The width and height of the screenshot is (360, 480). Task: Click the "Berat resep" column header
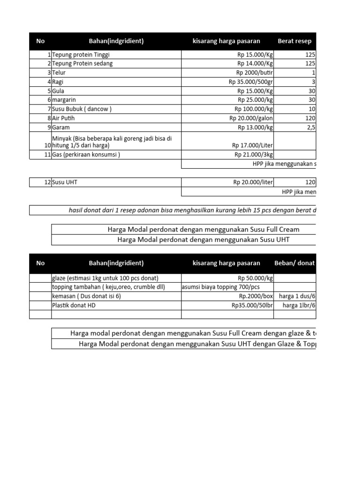pyautogui.click(x=294, y=41)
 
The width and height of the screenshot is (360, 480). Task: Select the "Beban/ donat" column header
pyautogui.click(x=295, y=263)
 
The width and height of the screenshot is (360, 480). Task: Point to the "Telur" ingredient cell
pyautogui.click(x=59, y=73)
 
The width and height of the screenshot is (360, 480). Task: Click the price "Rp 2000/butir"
pyautogui.click(x=255, y=73)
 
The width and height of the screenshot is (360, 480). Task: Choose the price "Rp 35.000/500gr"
pyautogui.click(x=251, y=82)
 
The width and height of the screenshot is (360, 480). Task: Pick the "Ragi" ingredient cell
pyautogui.click(x=58, y=82)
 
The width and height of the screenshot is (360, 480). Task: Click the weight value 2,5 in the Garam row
pyautogui.click(x=311, y=127)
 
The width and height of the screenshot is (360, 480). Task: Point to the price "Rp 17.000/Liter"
pyautogui.click(x=253, y=145)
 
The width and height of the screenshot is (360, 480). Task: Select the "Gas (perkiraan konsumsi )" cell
pyautogui.click(x=86, y=155)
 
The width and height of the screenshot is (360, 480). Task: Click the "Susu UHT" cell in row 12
pyautogui.click(x=65, y=182)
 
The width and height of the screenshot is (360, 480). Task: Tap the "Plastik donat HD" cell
pyautogui.click(x=74, y=305)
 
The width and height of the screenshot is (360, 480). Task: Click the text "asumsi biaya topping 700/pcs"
pyautogui.click(x=220, y=287)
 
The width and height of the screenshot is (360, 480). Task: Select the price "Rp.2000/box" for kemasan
pyautogui.click(x=256, y=296)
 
